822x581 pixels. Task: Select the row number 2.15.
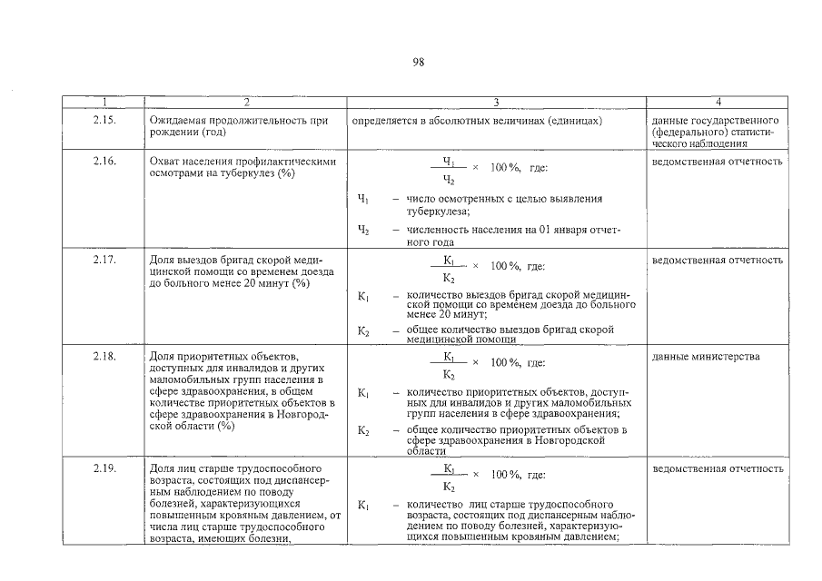pos(104,121)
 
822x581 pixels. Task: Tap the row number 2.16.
pos(104,162)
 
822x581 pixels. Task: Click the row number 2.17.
pos(104,261)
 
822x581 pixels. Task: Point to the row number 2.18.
pos(104,357)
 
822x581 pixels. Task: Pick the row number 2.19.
pos(104,469)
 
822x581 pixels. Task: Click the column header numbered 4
pos(718,102)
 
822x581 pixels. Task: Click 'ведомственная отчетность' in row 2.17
pos(718,261)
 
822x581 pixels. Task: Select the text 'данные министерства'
pos(706,357)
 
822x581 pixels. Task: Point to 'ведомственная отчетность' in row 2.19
pos(718,469)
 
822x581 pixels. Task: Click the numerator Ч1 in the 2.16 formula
pos(449,161)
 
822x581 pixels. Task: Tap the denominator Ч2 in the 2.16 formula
pos(449,180)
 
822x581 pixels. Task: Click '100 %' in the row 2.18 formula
pos(504,362)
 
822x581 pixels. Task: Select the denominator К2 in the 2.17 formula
pos(449,278)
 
